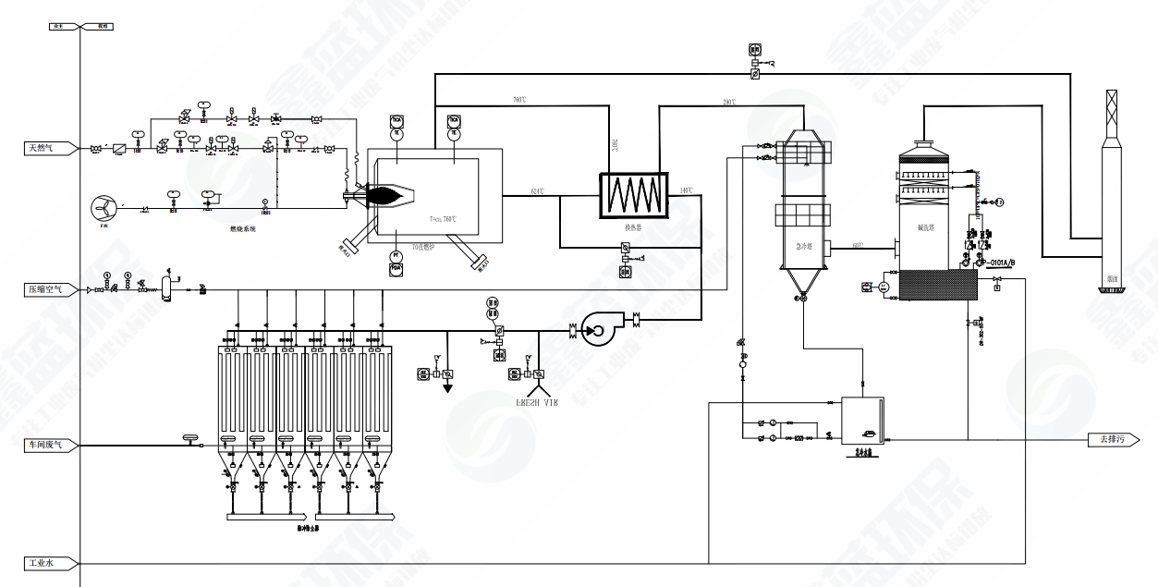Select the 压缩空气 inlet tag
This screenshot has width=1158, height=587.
44,289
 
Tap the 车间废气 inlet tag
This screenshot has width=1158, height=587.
44,446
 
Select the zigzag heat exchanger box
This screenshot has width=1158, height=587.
633,193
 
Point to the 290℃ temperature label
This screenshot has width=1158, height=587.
729,102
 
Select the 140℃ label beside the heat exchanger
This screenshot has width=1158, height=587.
686,191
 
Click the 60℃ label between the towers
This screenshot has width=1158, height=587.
859,245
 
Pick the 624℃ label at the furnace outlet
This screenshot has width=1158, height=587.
537,191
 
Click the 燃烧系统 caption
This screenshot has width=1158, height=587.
243,227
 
